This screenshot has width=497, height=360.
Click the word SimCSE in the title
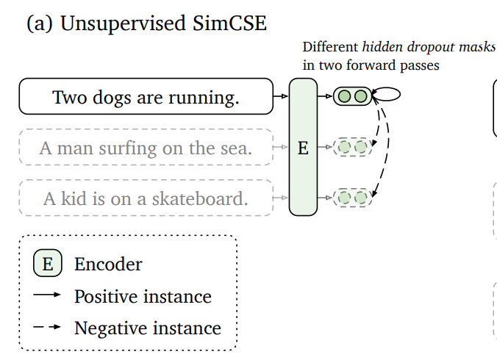click(x=225, y=24)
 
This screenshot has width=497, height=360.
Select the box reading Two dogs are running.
click(x=146, y=97)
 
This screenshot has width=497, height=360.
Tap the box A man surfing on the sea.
click(x=146, y=148)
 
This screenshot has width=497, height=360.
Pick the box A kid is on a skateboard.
click(x=146, y=198)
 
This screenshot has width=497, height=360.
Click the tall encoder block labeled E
click(x=303, y=147)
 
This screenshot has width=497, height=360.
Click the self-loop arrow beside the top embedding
click(x=387, y=94)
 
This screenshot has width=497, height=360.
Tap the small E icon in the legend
click(x=48, y=264)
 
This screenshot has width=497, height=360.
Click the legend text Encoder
click(x=108, y=264)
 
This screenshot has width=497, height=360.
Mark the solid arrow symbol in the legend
click(x=48, y=296)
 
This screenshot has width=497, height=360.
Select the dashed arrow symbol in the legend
click(x=48, y=328)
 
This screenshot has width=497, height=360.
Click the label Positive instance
click(x=143, y=297)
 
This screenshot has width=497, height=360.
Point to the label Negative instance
click(x=147, y=328)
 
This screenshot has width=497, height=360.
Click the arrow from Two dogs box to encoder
click(x=280, y=96)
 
